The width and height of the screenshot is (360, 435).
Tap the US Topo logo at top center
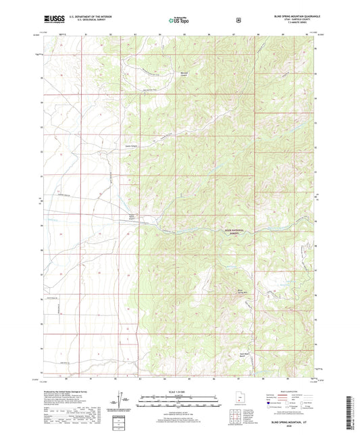click(x=179, y=22)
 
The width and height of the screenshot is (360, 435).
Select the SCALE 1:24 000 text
click(x=179, y=392)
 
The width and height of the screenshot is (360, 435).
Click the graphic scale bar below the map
click(x=179, y=401)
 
